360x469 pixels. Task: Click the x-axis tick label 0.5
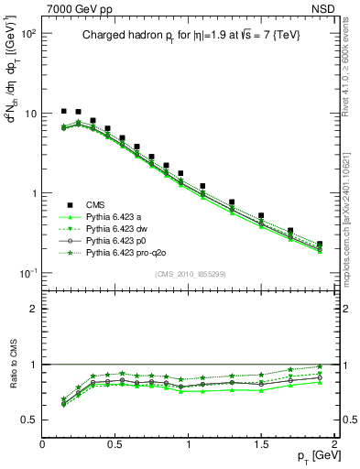(x=115, y=443)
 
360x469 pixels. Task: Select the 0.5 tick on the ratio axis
(x=30, y=420)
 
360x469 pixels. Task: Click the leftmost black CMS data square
(x=63, y=111)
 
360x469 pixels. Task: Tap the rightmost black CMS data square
(x=320, y=245)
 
